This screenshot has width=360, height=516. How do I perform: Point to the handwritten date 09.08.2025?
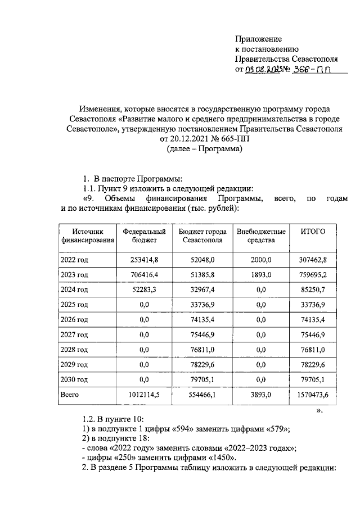pos(263,70)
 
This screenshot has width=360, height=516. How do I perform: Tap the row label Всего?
pos(70,395)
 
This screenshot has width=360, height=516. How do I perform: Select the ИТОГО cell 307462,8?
pos(316,259)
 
